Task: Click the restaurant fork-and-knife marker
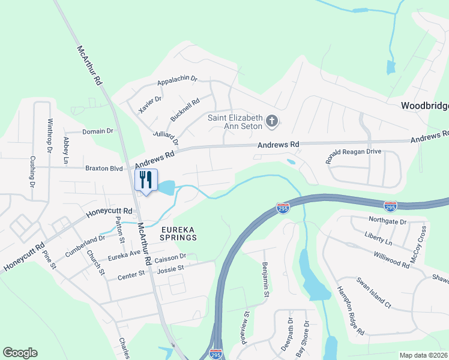(x=146, y=180)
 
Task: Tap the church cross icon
(x=271, y=122)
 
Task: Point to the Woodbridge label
(x=424, y=106)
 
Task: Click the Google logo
(x=20, y=353)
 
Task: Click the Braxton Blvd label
(x=103, y=169)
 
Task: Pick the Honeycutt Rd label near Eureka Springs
(x=109, y=212)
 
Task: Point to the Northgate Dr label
(x=387, y=221)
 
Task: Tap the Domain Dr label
(x=97, y=131)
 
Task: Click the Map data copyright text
(x=424, y=355)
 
